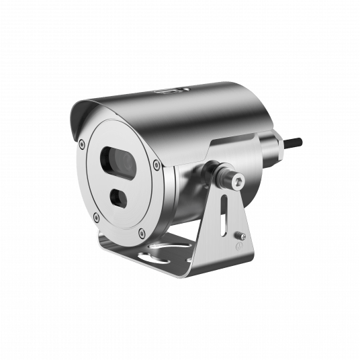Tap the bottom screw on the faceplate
142,233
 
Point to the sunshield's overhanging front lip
75,121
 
